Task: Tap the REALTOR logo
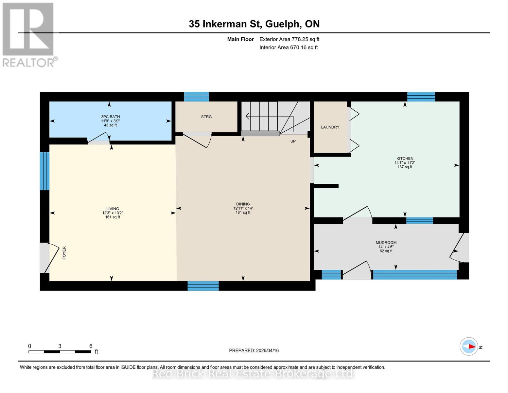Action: pos(28,35)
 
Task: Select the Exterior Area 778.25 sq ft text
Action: pos(289,39)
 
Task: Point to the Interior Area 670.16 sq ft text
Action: pos(289,47)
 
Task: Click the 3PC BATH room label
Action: pos(110,117)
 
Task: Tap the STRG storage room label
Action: pos(206,117)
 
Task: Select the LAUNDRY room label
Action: pos(330,127)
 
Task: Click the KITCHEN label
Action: pos(405,159)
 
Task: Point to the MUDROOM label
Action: pos(386,243)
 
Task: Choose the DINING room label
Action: pos(243,204)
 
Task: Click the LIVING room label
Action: pos(113,209)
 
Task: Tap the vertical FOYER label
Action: pos(64,253)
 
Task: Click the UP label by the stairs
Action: pos(293,141)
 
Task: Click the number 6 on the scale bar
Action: pos(91,346)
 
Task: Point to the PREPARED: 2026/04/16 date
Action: pos(254,350)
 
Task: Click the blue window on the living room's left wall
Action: pos(44,171)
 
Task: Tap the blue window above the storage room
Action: pos(196,97)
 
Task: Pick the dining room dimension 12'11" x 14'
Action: pos(243,208)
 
